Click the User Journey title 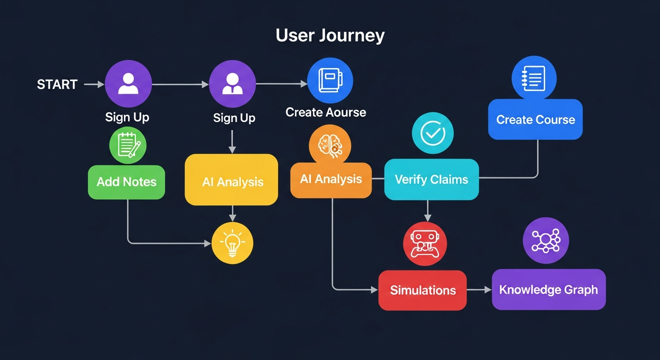[x=330, y=36]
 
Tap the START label [x=57, y=84]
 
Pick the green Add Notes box [x=127, y=182]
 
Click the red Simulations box [x=422, y=290]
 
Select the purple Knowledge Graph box [x=548, y=290]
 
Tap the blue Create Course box [x=535, y=120]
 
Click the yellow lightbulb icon [x=232, y=243]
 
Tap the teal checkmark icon [x=433, y=134]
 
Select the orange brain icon [x=330, y=146]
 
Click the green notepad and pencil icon [x=128, y=145]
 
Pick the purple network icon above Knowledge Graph [x=546, y=240]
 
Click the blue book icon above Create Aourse [x=330, y=81]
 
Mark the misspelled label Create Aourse [x=326, y=112]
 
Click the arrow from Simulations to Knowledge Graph [x=479, y=290]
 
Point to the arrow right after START [x=94, y=84]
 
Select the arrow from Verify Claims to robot [x=427, y=211]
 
